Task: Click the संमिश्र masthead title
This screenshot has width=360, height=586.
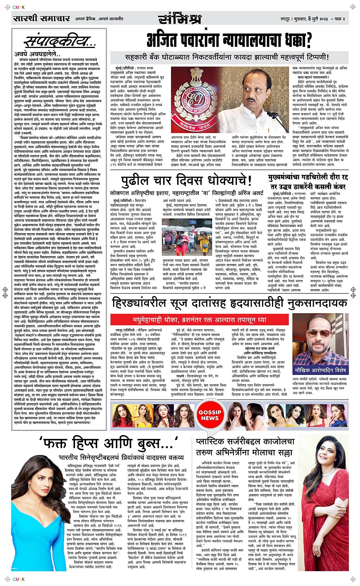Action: [179, 18]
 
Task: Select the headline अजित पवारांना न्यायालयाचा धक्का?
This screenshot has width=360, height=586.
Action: [230, 39]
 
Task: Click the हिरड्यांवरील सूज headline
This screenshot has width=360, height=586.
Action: [229, 303]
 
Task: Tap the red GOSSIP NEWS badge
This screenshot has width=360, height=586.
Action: [210, 415]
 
